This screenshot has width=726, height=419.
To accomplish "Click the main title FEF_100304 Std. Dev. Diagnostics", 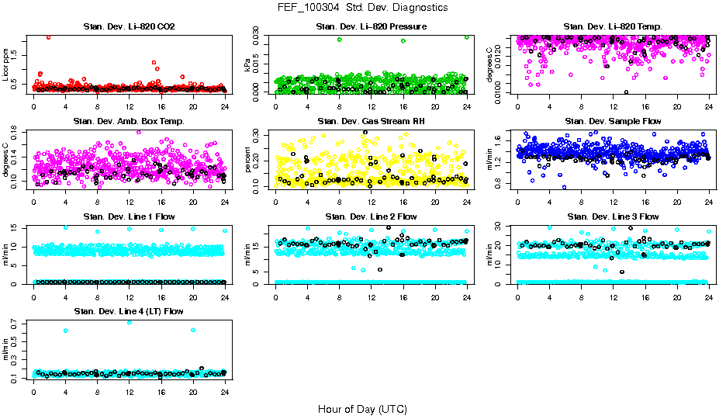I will click(362, 8).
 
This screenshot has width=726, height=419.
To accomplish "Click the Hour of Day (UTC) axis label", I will click(362, 409).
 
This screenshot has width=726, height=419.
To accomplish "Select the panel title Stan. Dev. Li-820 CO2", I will click(129, 26).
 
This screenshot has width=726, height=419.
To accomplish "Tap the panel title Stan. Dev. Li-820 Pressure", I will click(371, 26).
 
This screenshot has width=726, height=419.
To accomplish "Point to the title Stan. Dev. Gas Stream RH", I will click(371, 121).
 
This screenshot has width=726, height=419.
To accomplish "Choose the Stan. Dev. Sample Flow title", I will click(613, 121).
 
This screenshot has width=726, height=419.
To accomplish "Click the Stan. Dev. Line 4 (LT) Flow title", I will click(129, 311).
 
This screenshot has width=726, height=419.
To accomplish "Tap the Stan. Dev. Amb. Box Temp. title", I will click(129, 121).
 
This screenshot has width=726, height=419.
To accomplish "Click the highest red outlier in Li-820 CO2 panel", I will click(49, 36).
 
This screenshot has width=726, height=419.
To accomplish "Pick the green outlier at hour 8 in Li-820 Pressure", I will click(339, 40).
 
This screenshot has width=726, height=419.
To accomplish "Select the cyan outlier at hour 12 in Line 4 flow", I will click(129, 322).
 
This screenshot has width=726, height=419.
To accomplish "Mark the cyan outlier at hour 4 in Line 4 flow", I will click(65, 331).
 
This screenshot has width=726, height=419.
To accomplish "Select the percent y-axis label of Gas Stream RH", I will click(247, 159).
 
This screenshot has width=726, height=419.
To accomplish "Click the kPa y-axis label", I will click(247, 66).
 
